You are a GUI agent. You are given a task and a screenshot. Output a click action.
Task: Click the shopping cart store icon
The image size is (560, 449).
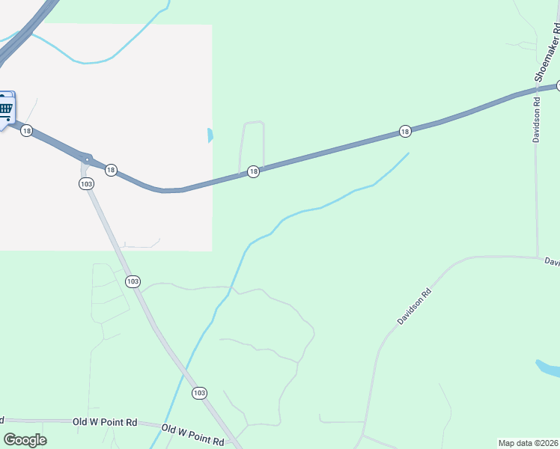[x=5, y=109]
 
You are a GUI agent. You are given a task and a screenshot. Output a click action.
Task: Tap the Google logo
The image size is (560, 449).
[x=25, y=440]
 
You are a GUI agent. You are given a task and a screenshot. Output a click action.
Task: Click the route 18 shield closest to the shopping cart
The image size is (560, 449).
[x=27, y=131]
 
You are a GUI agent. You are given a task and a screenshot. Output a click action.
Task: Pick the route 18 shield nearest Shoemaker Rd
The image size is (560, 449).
[x=404, y=132]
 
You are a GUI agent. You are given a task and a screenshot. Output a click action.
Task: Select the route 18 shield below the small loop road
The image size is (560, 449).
[x=253, y=171]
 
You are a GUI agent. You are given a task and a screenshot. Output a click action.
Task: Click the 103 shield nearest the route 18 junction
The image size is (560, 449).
[x=87, y=184]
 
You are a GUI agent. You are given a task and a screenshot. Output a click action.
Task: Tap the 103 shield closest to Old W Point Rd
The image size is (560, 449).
[x=198, y=393]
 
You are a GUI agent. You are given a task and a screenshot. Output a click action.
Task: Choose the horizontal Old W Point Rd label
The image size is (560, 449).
[x=105, y=422]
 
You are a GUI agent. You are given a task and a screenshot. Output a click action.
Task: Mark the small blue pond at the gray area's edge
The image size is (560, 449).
[x=210, y=135]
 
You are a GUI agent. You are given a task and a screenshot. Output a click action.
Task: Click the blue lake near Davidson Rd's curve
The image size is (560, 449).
[x=549, y=368]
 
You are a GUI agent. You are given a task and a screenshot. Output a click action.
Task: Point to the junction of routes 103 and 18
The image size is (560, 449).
[x=88, y=159]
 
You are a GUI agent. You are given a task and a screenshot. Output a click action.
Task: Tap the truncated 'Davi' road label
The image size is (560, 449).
[x=552, y=262]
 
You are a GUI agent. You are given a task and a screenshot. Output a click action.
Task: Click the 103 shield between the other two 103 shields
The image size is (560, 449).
[x=133, y=281]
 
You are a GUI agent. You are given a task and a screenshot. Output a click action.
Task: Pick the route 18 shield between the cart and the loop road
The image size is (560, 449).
[x=111, y=170]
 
